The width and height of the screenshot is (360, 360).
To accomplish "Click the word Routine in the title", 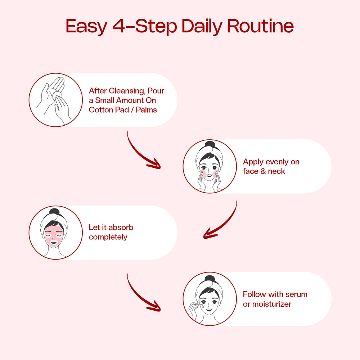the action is [x=260, y=26].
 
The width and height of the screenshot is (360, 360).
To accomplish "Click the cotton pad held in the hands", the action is [x=57, y=95].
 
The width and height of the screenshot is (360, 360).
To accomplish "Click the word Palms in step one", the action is [x=146, y=110].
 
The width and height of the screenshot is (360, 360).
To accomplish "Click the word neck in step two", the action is [x=276, y=171].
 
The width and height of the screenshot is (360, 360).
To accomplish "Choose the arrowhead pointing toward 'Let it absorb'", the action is [x=210, y=233].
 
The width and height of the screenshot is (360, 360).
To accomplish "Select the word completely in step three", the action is [x=108, y=237].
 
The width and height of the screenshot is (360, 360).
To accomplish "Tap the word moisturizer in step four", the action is [x=271, y=304].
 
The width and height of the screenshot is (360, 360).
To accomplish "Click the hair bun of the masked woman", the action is [x=54, y=211].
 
